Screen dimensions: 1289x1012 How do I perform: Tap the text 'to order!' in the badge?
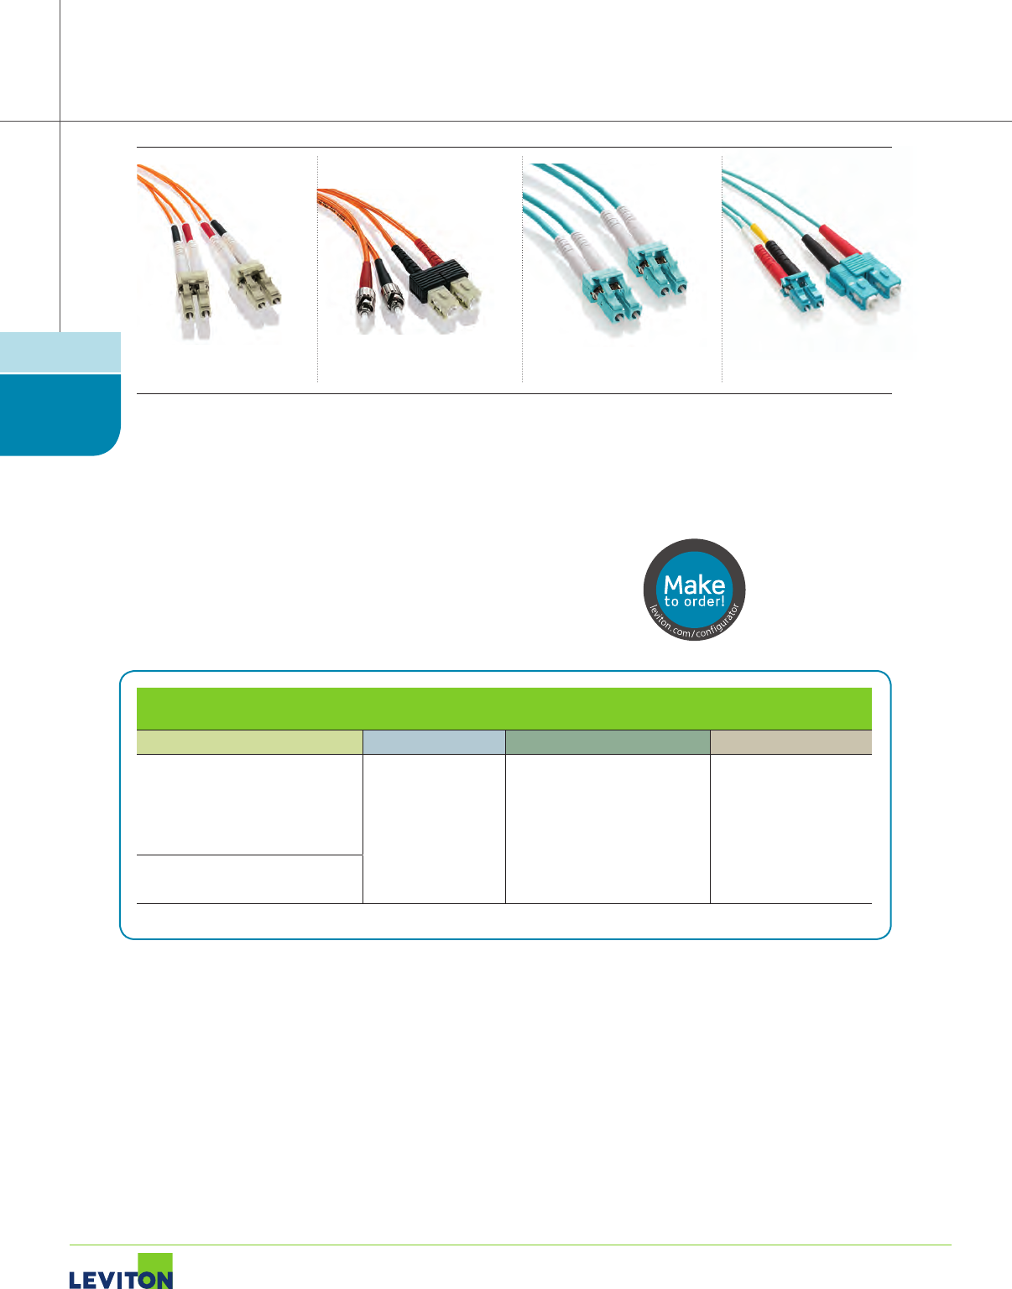click(694, 601)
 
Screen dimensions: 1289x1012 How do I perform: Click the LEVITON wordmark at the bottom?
click(120, 1279)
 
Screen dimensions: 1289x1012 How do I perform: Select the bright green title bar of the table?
click(503, 709)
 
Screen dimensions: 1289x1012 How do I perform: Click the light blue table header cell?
click(434, 742)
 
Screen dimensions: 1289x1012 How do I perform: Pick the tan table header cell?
click(790, 742)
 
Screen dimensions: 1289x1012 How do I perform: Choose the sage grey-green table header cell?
click(608, 742)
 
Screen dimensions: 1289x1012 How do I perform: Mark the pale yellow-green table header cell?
click(249, 742)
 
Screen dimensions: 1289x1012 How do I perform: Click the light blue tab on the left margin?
click(60, 352)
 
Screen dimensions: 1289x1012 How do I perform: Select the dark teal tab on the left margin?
click(60, 414)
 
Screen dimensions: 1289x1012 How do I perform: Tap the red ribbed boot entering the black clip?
click(427, 247)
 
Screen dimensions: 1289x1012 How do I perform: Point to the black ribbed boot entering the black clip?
click(408, 257)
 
